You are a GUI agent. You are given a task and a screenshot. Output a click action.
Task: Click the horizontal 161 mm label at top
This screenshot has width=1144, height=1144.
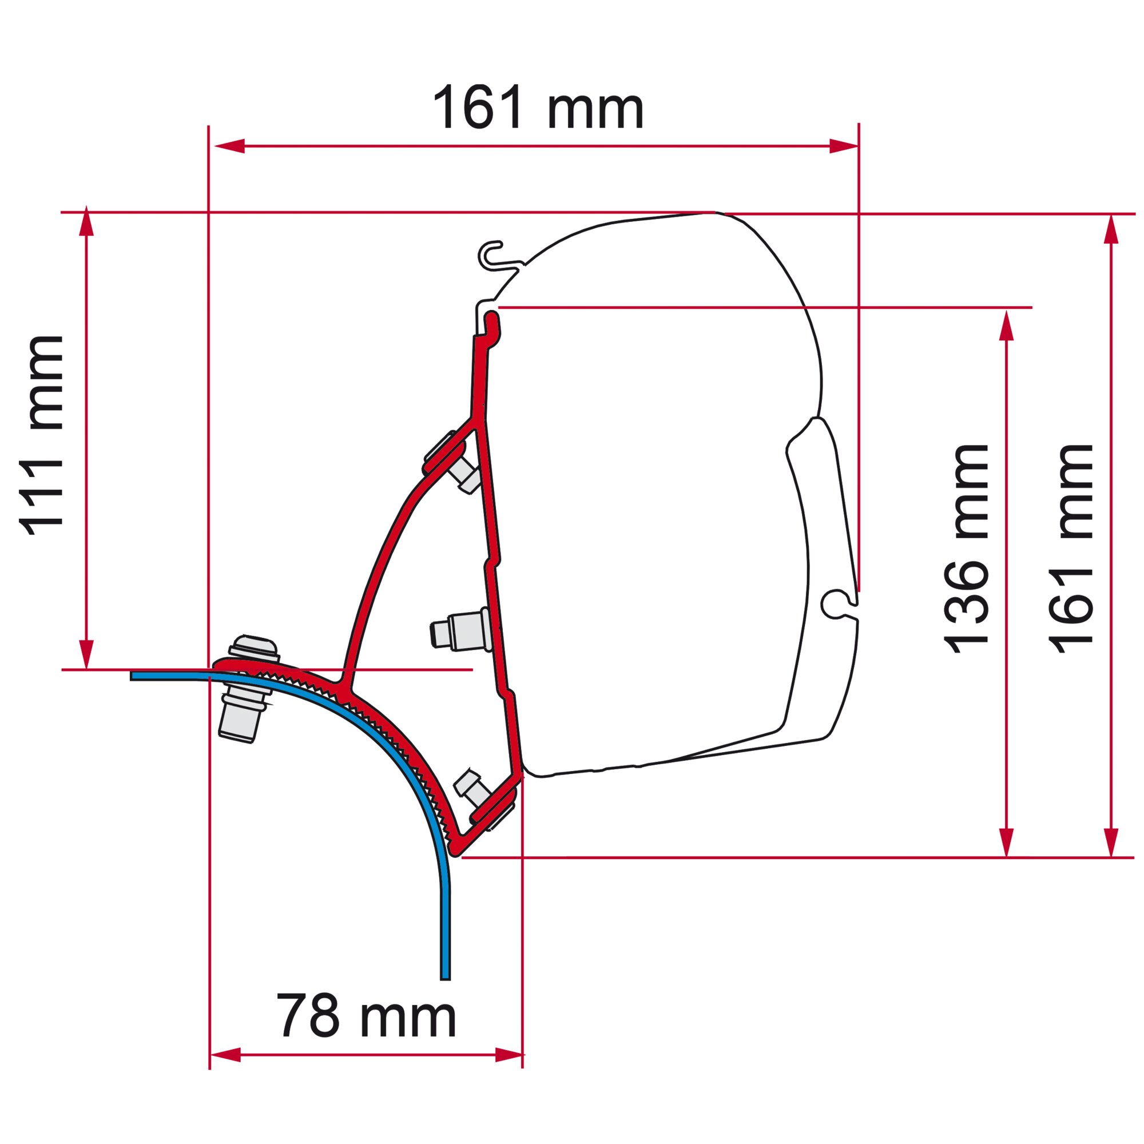(x=538, y=107)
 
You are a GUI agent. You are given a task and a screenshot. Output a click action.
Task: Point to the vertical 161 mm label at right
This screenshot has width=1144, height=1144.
(x=1070, y=549)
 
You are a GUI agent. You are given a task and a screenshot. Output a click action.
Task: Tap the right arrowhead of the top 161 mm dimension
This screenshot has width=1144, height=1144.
(x=843, y=146)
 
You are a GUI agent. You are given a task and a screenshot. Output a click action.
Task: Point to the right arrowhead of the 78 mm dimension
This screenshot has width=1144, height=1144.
(x=510, y=1071)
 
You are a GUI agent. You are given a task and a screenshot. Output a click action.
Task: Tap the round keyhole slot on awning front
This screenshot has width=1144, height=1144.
(x=834, y=603)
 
